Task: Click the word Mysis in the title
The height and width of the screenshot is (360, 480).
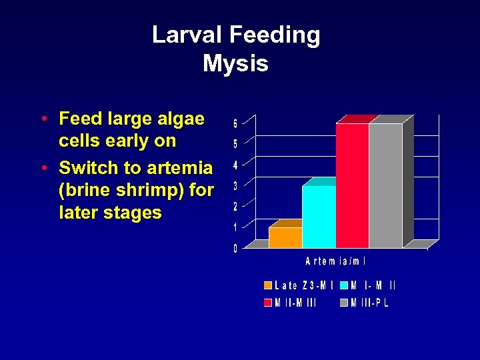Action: click(235, 63)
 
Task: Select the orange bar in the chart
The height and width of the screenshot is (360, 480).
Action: click(285, 237)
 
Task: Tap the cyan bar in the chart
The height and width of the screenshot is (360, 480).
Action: click(319, 217)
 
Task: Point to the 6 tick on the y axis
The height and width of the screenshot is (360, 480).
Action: click(235, 123)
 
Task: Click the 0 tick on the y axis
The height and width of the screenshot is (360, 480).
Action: click(235, 249)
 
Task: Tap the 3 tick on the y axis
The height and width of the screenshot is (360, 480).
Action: click(235, 186)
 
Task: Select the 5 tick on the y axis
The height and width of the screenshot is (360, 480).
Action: click(235, 144)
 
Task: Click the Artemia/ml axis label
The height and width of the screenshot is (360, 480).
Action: click(336, 261)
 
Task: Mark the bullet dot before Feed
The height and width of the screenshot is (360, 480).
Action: click(43, 119)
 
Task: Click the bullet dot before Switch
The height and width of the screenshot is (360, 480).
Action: click(43, 168)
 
